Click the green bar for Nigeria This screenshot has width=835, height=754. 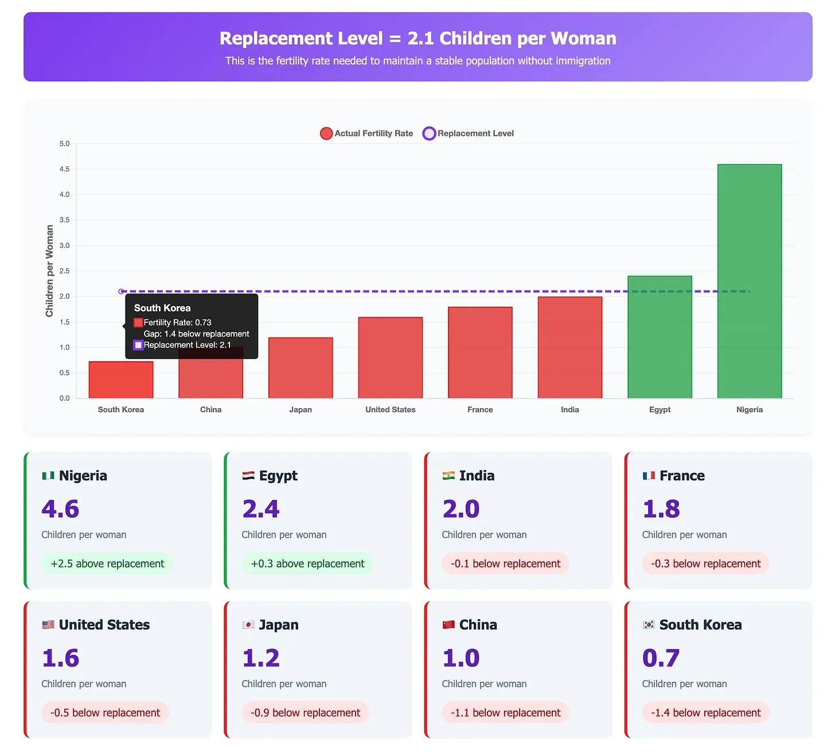point(749,281)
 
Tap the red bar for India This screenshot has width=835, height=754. point(569,347)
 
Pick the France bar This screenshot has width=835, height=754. point(480,353)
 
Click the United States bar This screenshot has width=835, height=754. point(390,358)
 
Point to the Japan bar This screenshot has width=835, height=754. point(301,368)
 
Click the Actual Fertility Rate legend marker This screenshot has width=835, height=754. point(326,134)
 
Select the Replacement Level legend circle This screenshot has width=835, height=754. point(429,134)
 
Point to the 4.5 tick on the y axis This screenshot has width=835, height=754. point(64,169)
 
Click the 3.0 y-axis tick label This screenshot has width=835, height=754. point(64,245)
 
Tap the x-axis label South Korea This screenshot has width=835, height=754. point(120,409)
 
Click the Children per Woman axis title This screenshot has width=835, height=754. point(49,271)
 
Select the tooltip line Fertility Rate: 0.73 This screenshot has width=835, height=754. point(177,323)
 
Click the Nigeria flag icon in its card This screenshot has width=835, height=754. point(48,476)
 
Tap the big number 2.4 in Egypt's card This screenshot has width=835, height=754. point(261,509)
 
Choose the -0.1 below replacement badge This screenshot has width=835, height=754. point(505,564)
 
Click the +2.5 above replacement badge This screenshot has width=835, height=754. point(107,564)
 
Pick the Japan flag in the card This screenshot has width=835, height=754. point(248,625)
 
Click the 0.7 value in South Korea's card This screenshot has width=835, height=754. point(661,658)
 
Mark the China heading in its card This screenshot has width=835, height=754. point(478,625)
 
